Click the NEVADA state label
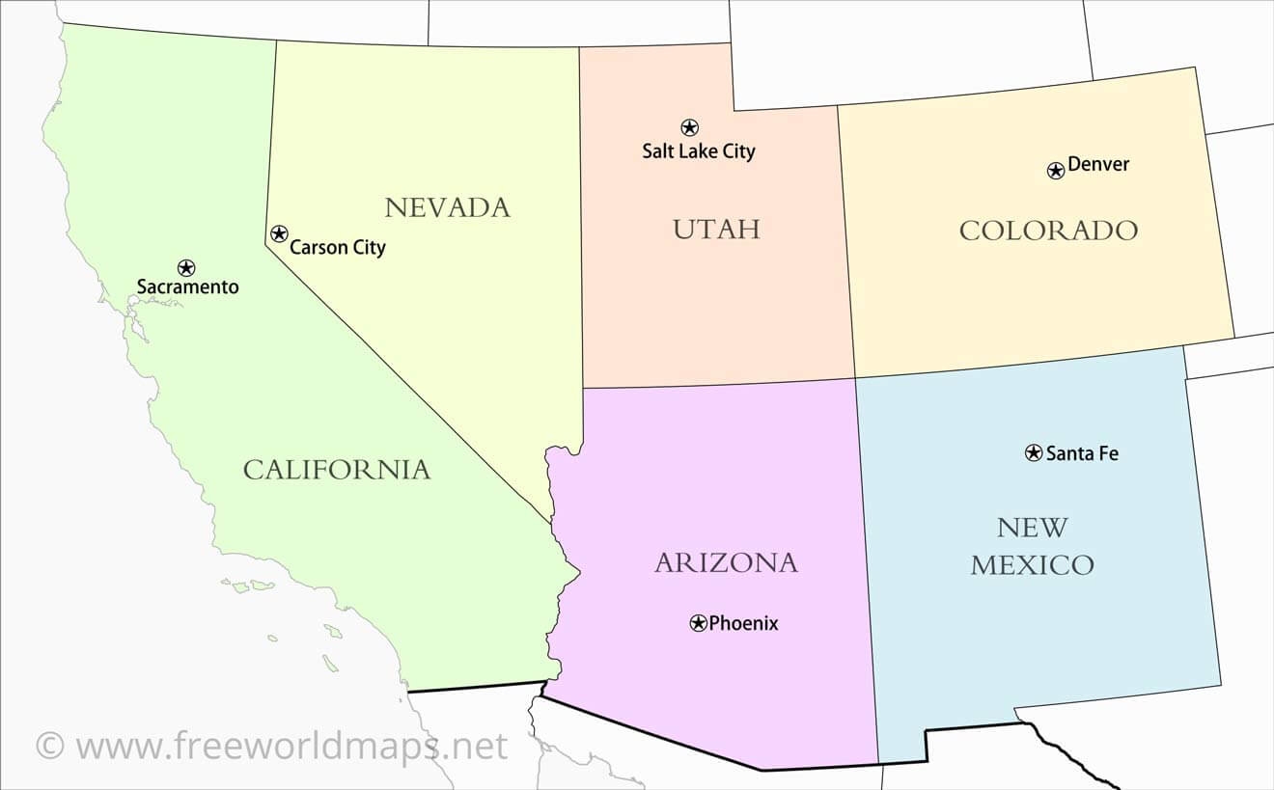point(447,207)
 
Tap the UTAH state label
point(716,229)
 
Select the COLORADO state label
point(1048,231)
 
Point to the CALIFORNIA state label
point(336,470)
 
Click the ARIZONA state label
point(726,562)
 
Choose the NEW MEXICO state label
point(1032,546)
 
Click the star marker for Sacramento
point(186,267)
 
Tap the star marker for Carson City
point(279,233)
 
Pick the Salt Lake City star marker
point(689,127)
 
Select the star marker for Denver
point(1056,171)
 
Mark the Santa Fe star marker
point(1034,452)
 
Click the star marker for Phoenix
point(699,623)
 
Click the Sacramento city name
point(187,286)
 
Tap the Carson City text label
point(338,248)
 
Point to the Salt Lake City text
point(699,151)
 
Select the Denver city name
point(1098,165)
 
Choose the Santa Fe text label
point(1082,453)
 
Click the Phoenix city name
point(743,623)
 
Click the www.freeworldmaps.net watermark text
point(291,746)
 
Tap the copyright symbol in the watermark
point(50,746)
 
